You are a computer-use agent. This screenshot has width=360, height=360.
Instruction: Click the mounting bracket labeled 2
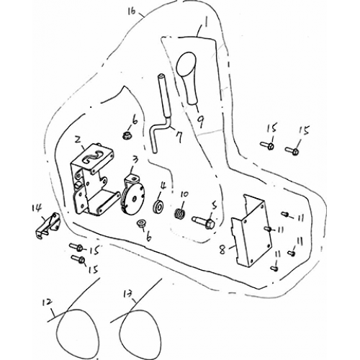point(92,180)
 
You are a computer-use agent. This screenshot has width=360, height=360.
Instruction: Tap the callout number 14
point(35,208)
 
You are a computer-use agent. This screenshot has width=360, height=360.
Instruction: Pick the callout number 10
point(184,194)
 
